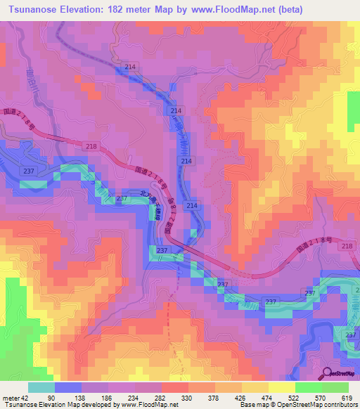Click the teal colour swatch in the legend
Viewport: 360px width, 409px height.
41,387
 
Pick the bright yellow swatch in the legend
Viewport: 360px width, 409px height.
282,387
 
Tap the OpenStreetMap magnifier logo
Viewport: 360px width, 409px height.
327,373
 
